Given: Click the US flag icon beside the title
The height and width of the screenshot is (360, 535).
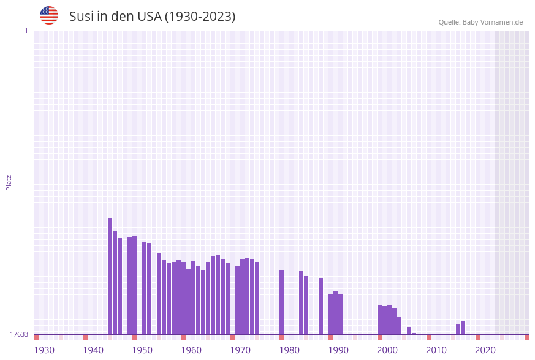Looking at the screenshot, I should pos(49,15).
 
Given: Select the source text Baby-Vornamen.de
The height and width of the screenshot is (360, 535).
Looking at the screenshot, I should pos(492,22).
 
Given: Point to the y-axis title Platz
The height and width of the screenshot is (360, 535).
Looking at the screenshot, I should pos(9,182).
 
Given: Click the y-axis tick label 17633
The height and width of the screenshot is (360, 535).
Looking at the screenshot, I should pos(19,334).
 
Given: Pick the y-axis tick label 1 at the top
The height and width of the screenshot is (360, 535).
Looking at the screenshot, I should pos(26,31).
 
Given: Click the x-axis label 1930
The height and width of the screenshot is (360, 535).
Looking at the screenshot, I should pos(44,350).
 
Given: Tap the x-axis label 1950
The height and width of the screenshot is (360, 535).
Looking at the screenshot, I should pos(142,350).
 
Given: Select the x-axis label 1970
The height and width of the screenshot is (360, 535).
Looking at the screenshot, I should pos(240,350).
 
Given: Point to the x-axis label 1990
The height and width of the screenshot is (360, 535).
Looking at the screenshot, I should pos(338,350).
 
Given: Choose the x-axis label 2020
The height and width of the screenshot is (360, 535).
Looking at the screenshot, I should pos(485,350).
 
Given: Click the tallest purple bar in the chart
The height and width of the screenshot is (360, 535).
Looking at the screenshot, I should pos(110,276).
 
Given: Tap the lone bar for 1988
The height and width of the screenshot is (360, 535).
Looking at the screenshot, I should pos(321,306).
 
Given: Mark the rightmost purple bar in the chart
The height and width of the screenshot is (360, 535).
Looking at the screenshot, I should pos(463,328).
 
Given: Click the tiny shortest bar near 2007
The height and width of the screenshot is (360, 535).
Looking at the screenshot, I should pos(414,334).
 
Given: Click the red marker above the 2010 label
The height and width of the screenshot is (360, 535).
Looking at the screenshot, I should pos(428,337).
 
